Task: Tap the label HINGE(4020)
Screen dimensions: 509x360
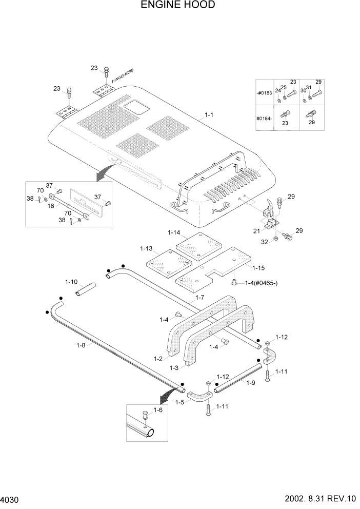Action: pyautogui.click(x=123, y=75)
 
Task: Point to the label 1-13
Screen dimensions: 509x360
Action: pyautogui.click(x=146, y=249)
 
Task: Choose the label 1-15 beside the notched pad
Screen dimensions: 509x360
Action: pyautogui.click(x=258, y=267)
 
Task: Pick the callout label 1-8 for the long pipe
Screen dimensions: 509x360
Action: pyautogui.click(x=81, y=346)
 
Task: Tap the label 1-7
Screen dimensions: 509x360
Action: pyautogui.click(x=200, y=298)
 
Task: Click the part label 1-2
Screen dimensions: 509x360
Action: pyautogui.click(x=159, y=358)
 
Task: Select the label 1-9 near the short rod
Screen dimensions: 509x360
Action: pyautogui.click(x=250, y=383)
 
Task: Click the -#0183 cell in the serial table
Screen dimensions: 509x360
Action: pyautogui.click(x=265, y=92)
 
